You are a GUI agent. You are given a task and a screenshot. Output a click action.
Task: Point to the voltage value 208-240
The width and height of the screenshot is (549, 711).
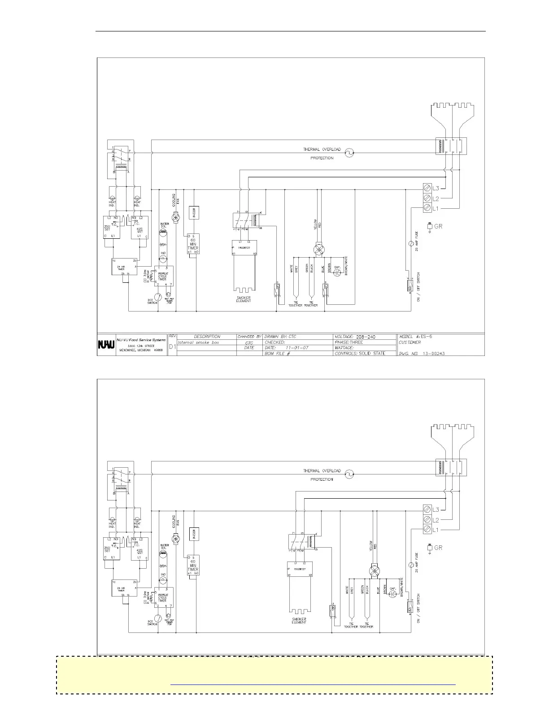366,336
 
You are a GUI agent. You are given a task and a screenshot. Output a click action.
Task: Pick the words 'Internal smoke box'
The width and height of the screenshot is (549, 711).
196,342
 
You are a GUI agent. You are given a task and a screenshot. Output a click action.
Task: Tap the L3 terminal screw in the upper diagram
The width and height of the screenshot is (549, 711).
427,188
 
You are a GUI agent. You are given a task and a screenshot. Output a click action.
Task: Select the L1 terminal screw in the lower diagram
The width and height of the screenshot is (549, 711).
427,530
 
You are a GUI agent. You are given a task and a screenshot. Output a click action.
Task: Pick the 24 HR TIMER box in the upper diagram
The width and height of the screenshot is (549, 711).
124,267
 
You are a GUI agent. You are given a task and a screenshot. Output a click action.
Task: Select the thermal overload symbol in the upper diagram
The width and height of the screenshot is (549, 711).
349,153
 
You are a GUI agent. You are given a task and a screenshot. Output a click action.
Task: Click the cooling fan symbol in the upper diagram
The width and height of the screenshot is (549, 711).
176,217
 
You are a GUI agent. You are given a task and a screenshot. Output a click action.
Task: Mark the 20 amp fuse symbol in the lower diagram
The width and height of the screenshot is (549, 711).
410,565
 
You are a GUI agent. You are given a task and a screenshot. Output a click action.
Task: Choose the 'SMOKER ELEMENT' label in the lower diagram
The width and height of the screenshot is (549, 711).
299,621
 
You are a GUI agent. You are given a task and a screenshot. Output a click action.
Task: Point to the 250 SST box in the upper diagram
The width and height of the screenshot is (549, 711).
113,228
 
